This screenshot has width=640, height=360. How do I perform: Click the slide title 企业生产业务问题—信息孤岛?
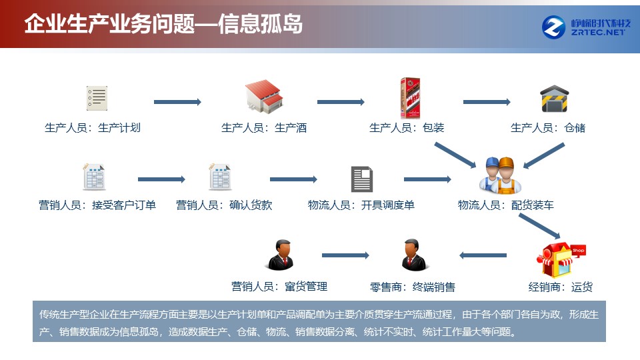tap(163, 24)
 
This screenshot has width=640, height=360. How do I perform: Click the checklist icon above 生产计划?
tap(97, 99)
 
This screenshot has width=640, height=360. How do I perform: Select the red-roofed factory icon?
tap(264, 98)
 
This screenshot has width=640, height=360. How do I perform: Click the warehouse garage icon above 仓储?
tap(554, 99)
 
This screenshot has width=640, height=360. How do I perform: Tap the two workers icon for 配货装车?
tap(497, 175)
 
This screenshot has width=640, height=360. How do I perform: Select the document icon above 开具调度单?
tap(361, 179)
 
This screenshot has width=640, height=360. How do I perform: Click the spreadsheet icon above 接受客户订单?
tap(94, 177)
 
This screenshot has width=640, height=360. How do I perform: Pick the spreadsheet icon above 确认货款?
tap(220, 177)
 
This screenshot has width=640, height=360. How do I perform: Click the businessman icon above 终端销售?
tap(412, 255)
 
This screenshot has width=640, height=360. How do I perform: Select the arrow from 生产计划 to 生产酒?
tap(177, 102)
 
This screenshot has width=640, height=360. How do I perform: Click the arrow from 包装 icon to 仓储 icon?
tap(487, 102)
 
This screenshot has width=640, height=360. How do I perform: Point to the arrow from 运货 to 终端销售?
tap(483, 255)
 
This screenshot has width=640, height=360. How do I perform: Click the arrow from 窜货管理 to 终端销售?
tap(345, 255)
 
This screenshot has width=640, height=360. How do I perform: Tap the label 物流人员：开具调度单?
tap(361, 205)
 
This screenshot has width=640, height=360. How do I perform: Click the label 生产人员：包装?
tap(407, 127)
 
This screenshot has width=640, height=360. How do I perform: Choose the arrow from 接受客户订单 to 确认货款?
tap(161, 179)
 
